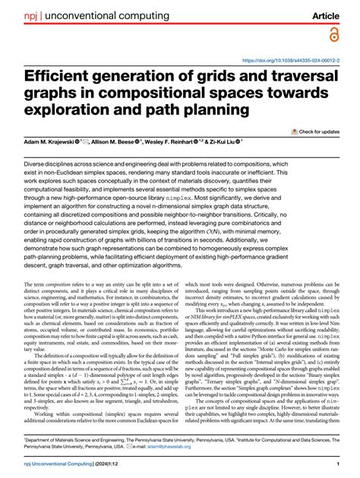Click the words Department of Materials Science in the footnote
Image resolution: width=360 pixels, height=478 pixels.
tap(68, 438)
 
